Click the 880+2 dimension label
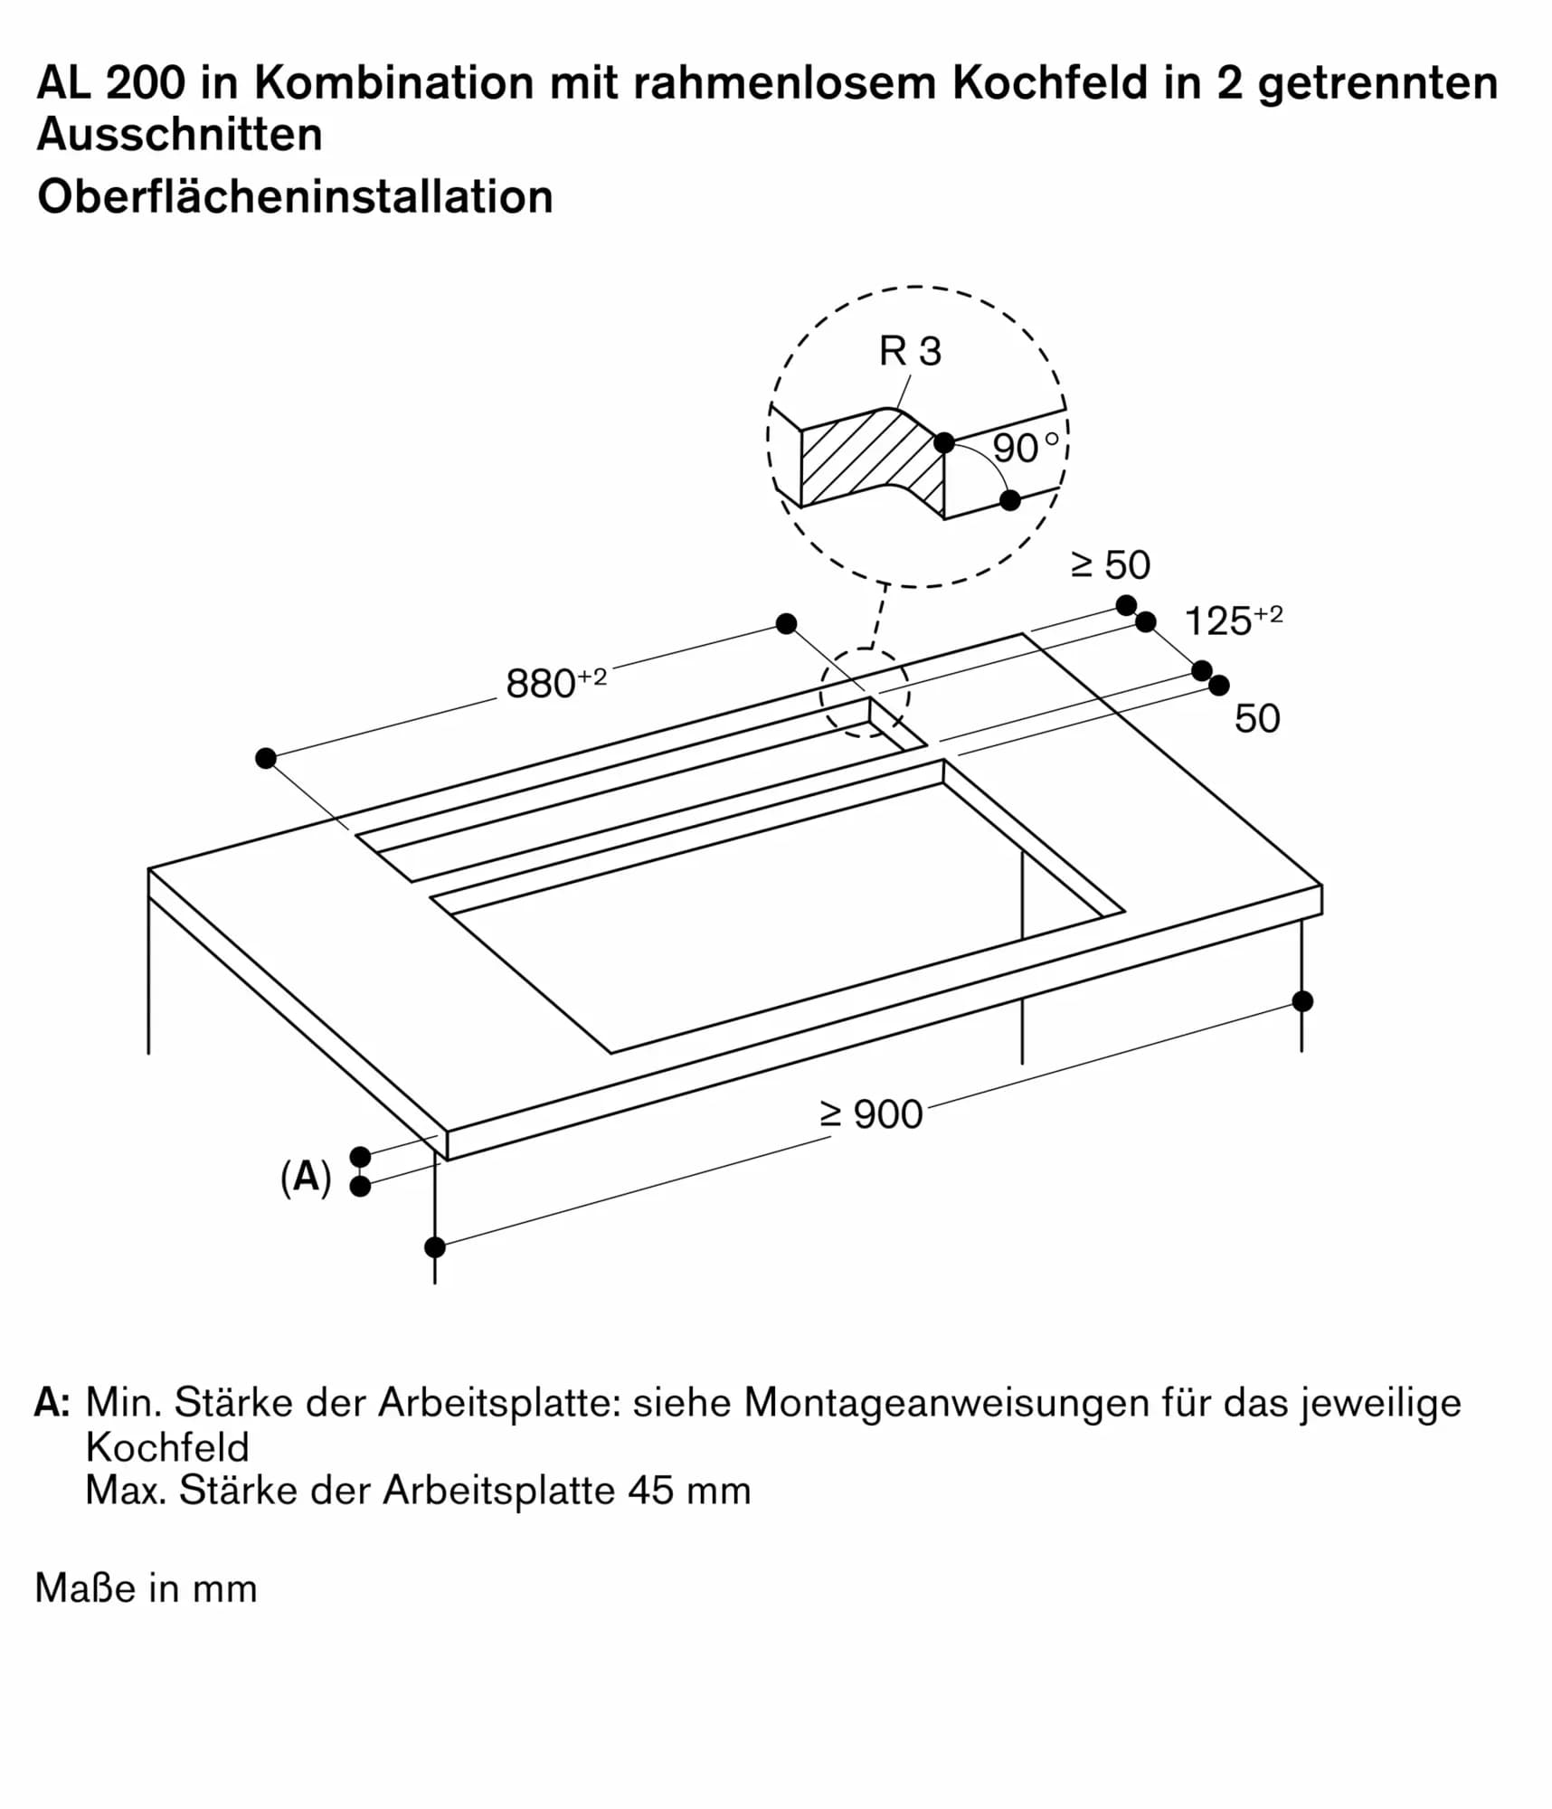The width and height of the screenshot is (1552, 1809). [555, 683]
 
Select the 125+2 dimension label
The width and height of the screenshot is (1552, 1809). [1232, 620]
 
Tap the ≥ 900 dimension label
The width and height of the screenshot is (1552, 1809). [871, 1114]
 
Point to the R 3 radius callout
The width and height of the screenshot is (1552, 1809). [910, 351]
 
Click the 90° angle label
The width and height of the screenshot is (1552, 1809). [1025, 448]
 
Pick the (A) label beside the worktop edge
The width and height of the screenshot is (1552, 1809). [306, 1178]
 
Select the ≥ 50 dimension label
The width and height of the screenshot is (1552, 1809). [1111, 565]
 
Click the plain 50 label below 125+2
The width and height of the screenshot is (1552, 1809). [1256, 718]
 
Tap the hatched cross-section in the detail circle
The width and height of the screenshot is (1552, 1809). [868, 461]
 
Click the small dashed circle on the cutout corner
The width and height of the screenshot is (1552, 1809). [865, 692]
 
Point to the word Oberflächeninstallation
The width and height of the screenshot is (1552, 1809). [295, 196]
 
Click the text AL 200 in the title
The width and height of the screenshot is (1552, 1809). [110, 83]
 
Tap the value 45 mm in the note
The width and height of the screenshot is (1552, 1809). [689, 1490]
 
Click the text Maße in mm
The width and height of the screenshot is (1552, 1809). [147, 1588]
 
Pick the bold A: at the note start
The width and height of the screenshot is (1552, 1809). [52, 1403]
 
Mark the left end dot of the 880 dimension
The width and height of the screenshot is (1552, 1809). [265, 758]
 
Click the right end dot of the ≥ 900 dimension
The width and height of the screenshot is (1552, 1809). [1301, 1001]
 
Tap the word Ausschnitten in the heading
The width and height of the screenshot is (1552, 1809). [179, 134]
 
